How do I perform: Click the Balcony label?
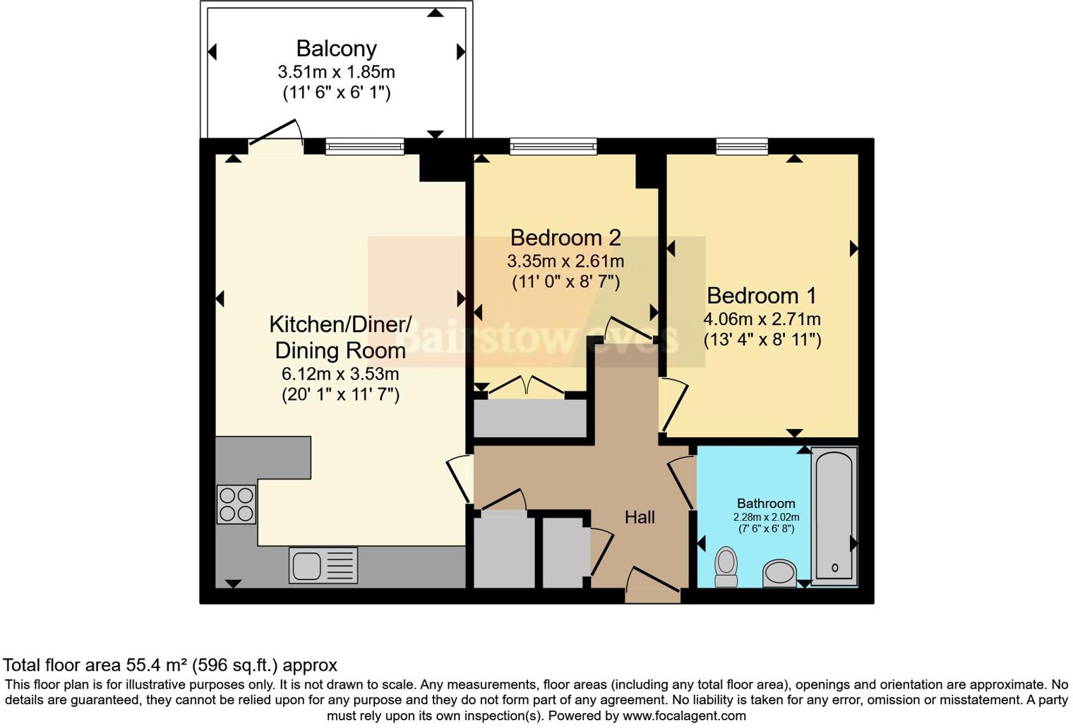(336, 49)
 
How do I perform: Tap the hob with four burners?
(236, 504)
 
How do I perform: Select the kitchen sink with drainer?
(323, 565)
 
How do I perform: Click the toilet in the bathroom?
(726, 568)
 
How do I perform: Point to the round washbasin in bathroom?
(779, 573)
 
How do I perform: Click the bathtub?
(834, 516)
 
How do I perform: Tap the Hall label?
(640, 517)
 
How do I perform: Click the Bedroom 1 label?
(761, 296)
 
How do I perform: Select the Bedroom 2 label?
(565, 238)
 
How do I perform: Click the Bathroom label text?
(766, 503)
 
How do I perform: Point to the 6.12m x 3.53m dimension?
(340, 373)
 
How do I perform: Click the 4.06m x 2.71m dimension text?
(762, 319)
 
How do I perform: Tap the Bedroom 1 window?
(742, 146)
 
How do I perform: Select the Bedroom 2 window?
(553, 146)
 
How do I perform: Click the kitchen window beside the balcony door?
(364, 146)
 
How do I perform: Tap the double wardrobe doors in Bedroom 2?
(527, 386)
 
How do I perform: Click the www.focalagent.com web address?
(684, 716)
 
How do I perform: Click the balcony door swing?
(277, 131)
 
